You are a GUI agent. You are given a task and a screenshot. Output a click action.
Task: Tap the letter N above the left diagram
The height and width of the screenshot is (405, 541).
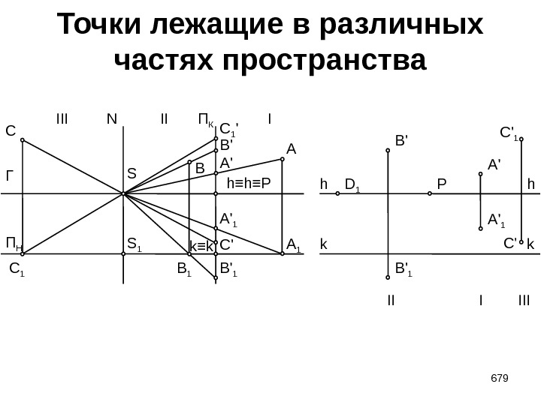112,118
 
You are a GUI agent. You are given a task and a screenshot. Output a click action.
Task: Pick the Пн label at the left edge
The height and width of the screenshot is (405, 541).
14,243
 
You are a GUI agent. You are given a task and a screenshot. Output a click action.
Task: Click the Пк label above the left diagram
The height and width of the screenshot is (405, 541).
205,119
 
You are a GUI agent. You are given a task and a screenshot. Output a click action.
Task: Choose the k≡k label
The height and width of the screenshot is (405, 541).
201,246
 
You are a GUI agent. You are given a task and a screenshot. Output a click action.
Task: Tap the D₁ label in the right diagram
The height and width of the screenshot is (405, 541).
352,184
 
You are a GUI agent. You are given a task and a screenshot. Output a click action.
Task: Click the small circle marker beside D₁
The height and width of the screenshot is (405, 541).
337,193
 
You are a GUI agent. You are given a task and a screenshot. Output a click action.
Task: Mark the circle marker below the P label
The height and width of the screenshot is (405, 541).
429,193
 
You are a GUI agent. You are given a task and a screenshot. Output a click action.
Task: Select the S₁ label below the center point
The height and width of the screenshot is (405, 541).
134,243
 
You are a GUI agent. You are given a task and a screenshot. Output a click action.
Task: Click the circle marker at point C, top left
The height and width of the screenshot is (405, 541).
23,140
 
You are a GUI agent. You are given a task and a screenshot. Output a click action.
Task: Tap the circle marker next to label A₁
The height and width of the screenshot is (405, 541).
282,254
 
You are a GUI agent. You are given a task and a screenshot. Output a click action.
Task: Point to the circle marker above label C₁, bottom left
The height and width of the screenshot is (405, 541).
23,254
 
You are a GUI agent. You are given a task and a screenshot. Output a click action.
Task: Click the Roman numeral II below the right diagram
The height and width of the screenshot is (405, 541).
391,301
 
